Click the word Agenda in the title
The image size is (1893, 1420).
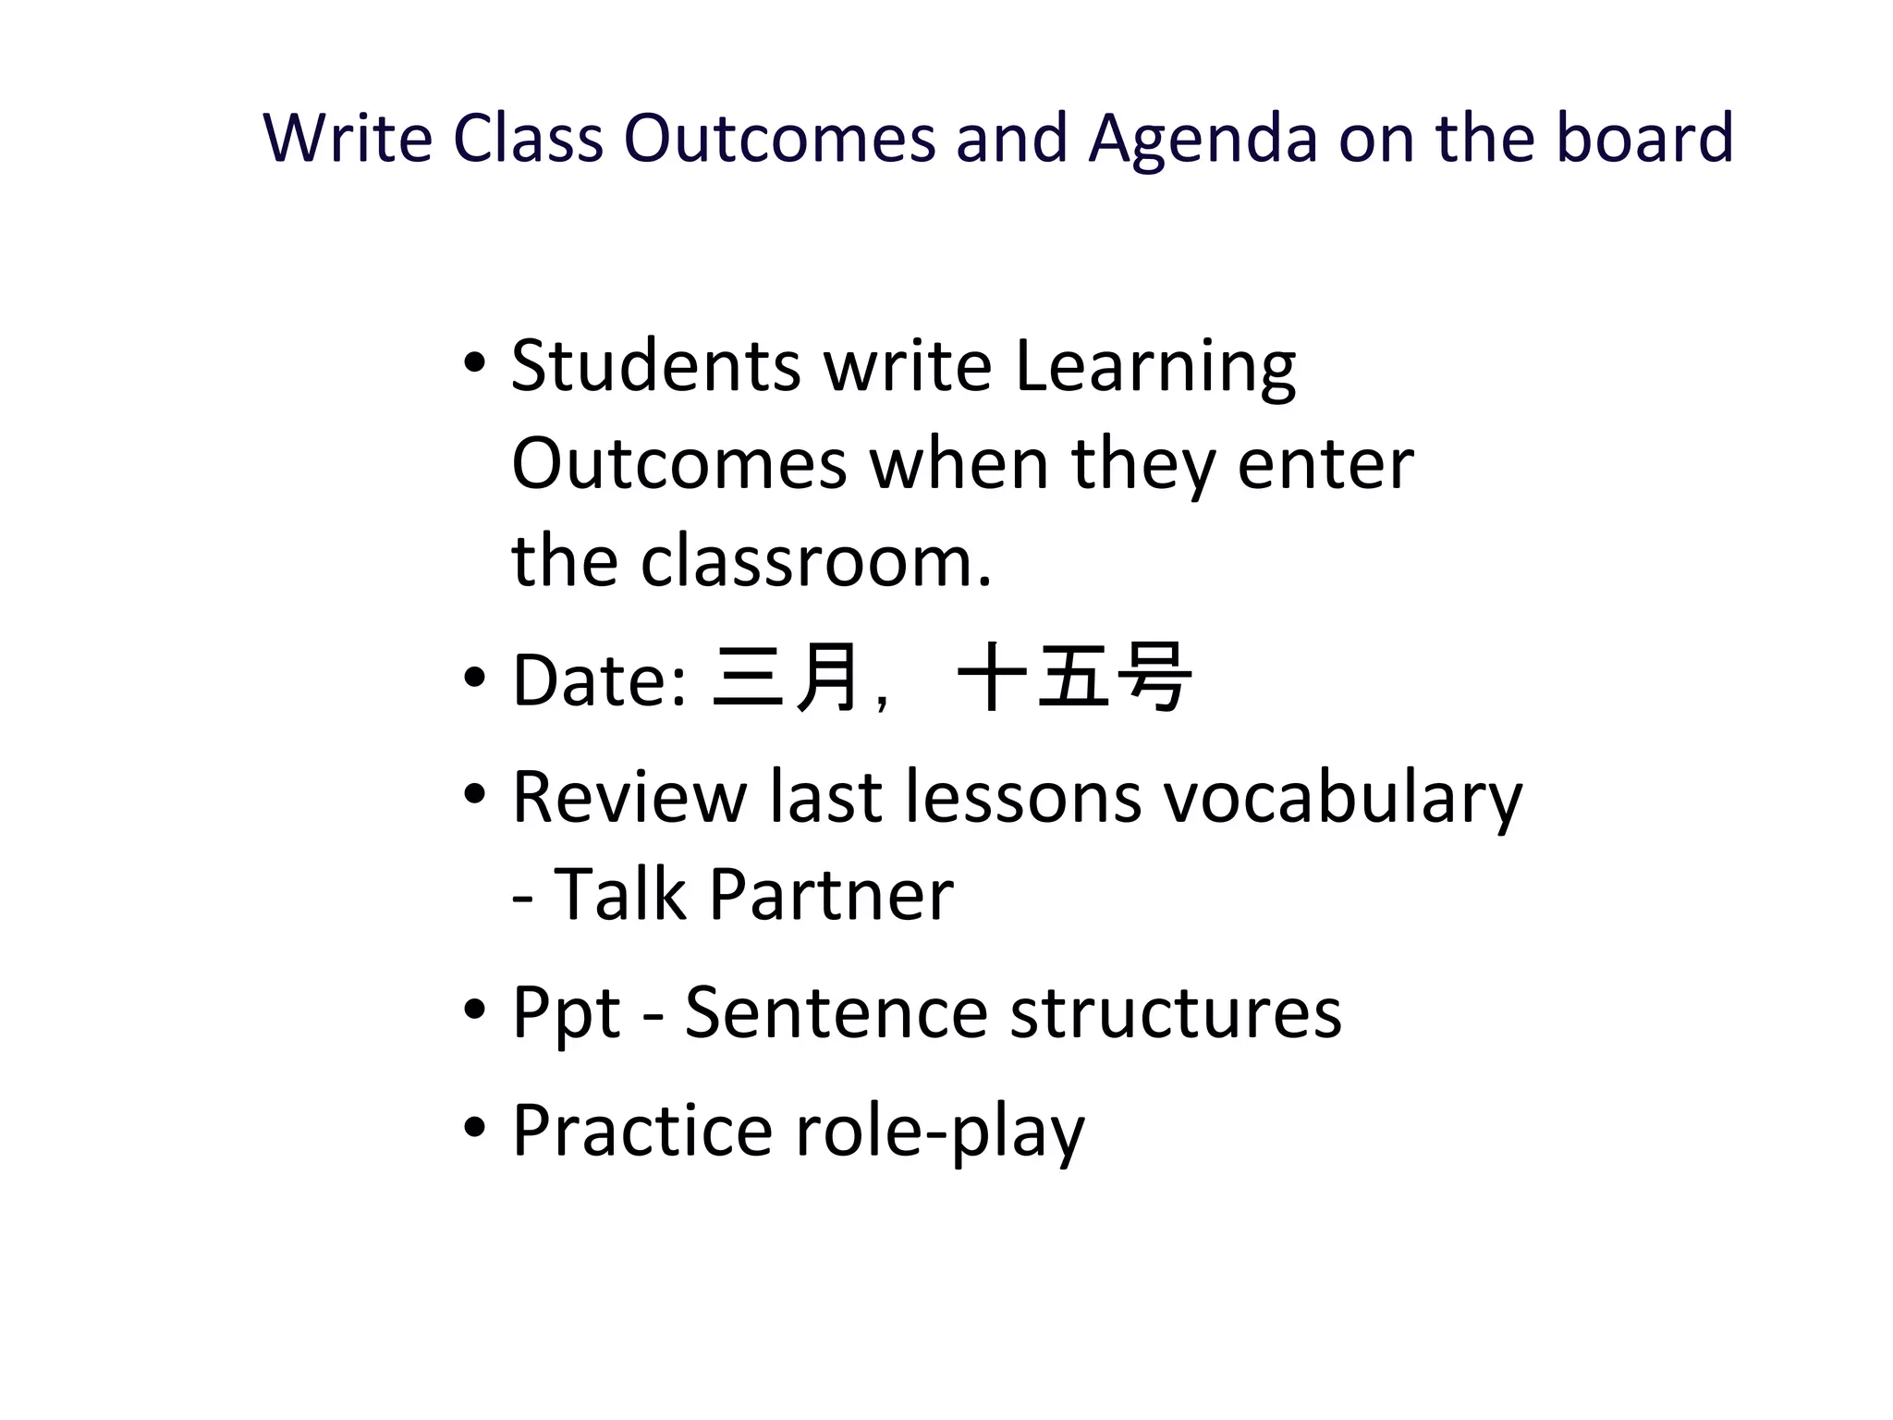(x=1203, y=139)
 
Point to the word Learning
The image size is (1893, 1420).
(x=1154, y=368)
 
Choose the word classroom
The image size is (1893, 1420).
(x=816, y=561)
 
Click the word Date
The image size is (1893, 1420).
(x=599, y=679)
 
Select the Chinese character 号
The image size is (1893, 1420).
(x=1154, y=678)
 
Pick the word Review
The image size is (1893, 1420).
(x=629, y=796)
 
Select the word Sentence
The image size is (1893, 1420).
(x=836, y=1012)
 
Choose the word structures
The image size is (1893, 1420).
(x=1175, y=1012)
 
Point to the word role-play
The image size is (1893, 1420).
(x=939, y=1132)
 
